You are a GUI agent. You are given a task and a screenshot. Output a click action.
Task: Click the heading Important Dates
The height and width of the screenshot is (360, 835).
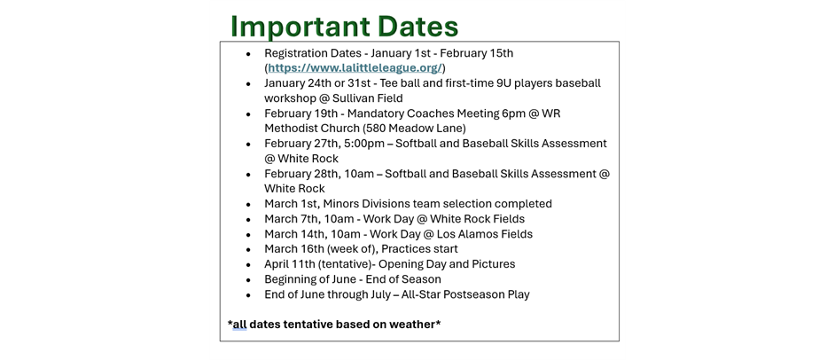(344, 26)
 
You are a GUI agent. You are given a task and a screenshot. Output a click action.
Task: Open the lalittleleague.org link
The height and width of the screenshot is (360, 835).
(355, 68)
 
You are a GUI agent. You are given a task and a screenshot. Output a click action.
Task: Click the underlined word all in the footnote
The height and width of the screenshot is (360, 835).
(239, 325)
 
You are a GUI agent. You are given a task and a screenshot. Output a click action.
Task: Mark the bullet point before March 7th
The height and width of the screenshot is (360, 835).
(249, 220)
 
